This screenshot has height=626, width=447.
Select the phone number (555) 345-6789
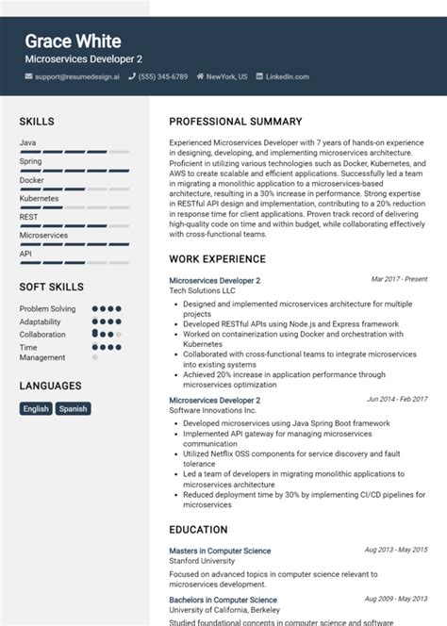pyautogui.click(x=163, y=76)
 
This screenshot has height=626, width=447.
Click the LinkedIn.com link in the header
pyautogui.click(x=288, y=76)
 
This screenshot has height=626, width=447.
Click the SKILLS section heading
pyautogui.click(x=37, y=122)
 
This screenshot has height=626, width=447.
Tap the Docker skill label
pyautogui.click(x=31, y=179)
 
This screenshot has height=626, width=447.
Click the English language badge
pyautogui.click(x=36, y=408)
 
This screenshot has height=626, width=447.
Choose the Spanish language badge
pyautogui.click(x=73, y=408)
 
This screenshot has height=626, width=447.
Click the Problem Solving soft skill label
pyautogui.click(x=47, y=308)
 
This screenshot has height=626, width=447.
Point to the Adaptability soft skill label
pyautogui.click(x=41, y=321)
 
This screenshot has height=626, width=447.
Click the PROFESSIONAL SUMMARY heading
pyautogui.click(x=235, y=122)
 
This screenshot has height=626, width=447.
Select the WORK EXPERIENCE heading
pyautogui.click(x=217, y=258)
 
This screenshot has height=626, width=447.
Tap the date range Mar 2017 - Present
pyautogui.click(x=400, y=280)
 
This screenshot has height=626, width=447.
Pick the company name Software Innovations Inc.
pyautogui.click(x=212, y=411)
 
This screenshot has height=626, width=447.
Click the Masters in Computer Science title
pyautogui.click(x=220, y=551)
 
